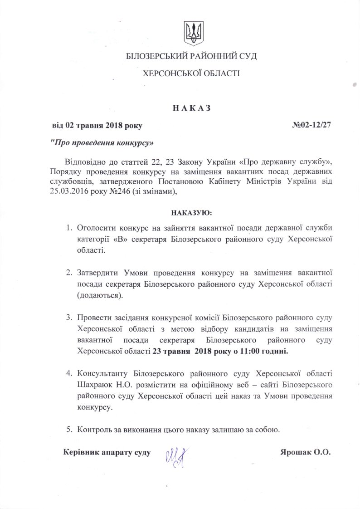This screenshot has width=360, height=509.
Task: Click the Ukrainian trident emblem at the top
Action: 192,33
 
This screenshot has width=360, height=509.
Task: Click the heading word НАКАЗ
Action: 191,108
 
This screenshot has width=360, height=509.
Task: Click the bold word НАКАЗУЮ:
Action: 191,212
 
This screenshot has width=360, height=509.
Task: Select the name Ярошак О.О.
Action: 306,453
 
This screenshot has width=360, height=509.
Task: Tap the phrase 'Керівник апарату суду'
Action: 107,453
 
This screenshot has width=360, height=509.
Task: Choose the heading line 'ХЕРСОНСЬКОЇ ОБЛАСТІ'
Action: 191,73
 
